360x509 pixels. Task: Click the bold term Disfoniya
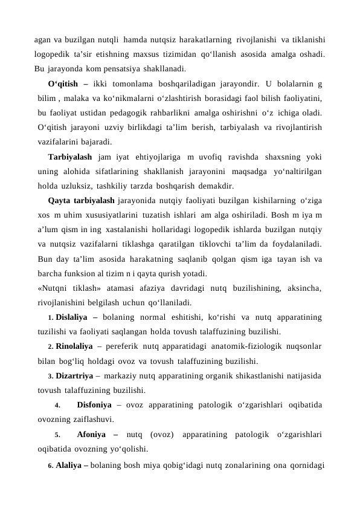[96, 404]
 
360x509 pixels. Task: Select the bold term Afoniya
[92, 434]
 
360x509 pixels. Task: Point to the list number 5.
[57, 435]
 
